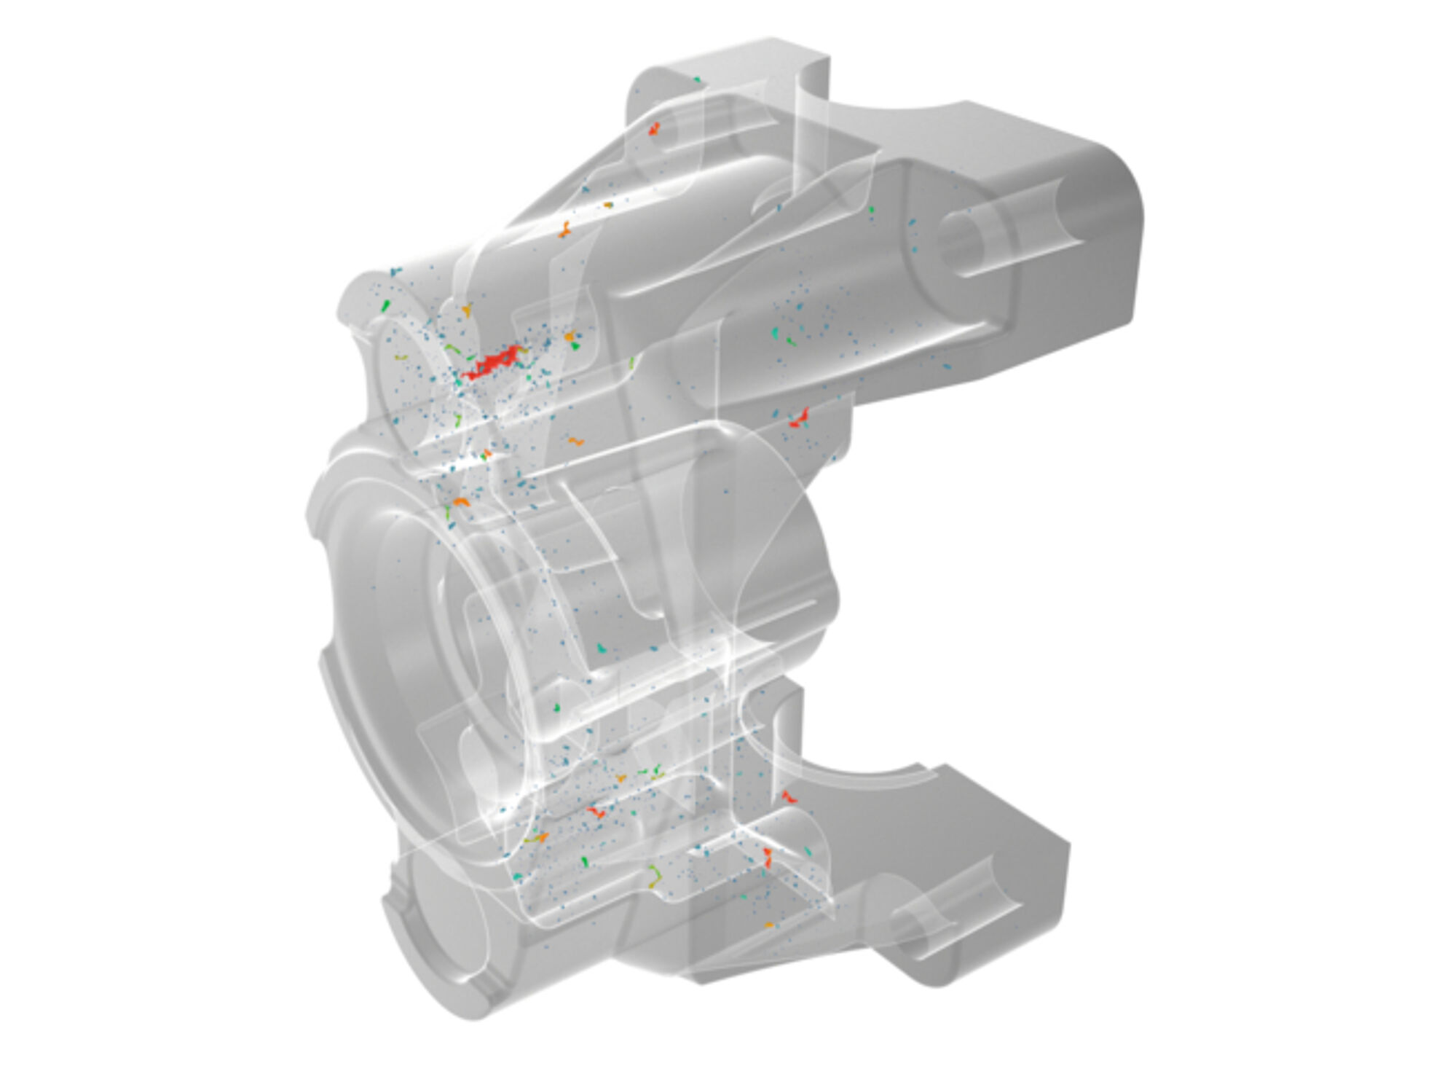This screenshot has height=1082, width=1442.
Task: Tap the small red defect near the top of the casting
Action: pos(654,130)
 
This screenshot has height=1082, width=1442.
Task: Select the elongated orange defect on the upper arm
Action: pos(564,231)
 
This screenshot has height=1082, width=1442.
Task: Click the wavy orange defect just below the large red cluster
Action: pos(576,441)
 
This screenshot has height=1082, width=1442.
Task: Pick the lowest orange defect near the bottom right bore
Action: pos(768,925)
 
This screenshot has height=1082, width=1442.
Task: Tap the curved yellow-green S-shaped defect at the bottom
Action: pos(655,874)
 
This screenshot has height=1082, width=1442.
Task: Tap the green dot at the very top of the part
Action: pos(697,79)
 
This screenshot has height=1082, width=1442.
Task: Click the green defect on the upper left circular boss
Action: pos(386,305)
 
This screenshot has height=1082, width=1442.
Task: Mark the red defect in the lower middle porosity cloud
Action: pos(596,811)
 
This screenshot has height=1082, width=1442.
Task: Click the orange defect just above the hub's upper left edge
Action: pos(460,502)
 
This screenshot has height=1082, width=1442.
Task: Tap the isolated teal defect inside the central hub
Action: pos(602,647)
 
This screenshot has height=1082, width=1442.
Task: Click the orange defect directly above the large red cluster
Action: pos(467,310)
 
